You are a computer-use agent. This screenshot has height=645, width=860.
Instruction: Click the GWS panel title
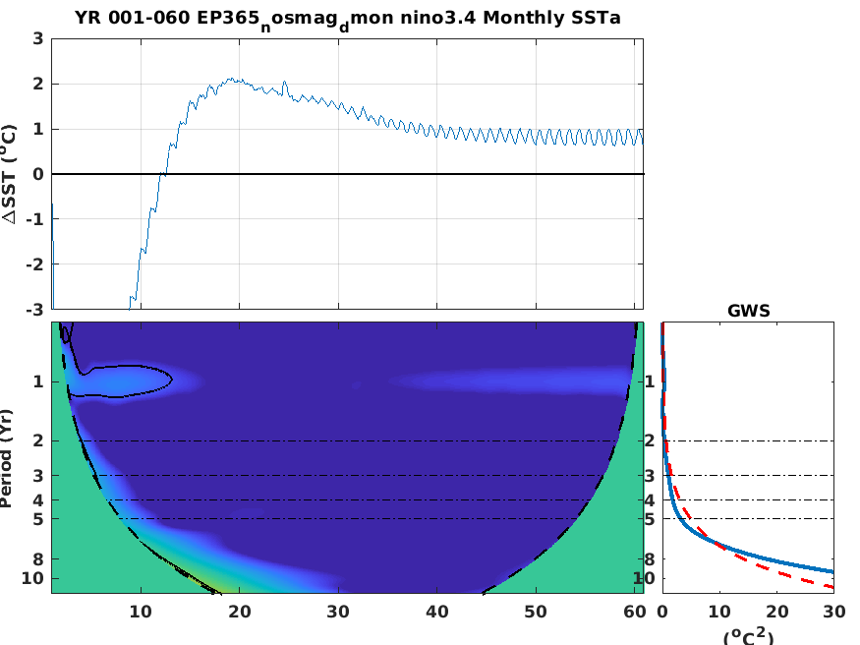[748, 310]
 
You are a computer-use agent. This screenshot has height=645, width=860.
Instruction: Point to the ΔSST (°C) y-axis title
[11, 174]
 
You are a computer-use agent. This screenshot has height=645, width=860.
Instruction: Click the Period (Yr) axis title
[9, 458]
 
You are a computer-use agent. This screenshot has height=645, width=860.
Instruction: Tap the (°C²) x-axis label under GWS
[748, 636]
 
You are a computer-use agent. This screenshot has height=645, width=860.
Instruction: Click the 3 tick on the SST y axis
[37, 39]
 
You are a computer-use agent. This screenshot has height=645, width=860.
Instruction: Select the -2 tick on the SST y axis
[34, 264]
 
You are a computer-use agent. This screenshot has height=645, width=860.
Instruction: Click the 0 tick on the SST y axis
[37, 174]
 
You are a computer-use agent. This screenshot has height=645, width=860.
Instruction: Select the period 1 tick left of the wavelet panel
[37, 381]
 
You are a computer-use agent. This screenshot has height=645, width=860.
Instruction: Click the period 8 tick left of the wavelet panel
[37, 559]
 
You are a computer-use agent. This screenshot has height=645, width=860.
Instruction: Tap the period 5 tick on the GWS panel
[650, 518]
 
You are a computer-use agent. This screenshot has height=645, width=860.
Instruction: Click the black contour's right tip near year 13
[173, 378]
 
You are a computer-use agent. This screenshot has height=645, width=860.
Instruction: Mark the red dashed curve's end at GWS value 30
[833, 587]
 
